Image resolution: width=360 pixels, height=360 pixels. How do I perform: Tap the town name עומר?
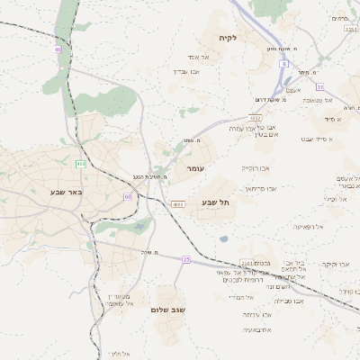(197, 168)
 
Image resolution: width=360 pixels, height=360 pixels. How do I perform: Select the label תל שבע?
(216, 203)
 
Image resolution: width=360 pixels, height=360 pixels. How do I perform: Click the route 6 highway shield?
(283, 64)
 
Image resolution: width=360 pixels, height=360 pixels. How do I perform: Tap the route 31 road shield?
(319, 86)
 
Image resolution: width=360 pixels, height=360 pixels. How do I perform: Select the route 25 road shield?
(186, 259)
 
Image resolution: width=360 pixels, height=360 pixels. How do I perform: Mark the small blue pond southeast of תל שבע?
(222, 238)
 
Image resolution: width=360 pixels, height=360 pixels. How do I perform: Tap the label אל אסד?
(197, 57)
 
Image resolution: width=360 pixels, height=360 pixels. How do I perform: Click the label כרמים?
(339, 18)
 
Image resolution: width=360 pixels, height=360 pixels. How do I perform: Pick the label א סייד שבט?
(318, 139)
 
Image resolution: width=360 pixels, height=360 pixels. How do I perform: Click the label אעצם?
(292, 90)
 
